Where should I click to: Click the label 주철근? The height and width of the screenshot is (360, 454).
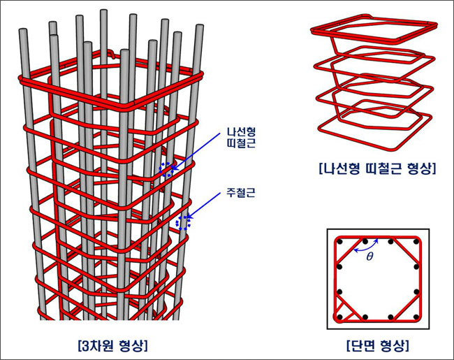[x=239, y=192]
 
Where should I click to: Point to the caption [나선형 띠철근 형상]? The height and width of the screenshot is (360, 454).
[x=376, y=168]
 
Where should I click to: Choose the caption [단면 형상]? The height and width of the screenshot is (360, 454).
[x=378, y=345]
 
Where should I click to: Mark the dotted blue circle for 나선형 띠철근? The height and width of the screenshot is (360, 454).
[x=167, y=168]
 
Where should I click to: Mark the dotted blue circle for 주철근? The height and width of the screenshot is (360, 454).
[x=184, y=222]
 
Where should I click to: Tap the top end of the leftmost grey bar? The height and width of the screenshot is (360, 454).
[x=22, y=33]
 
